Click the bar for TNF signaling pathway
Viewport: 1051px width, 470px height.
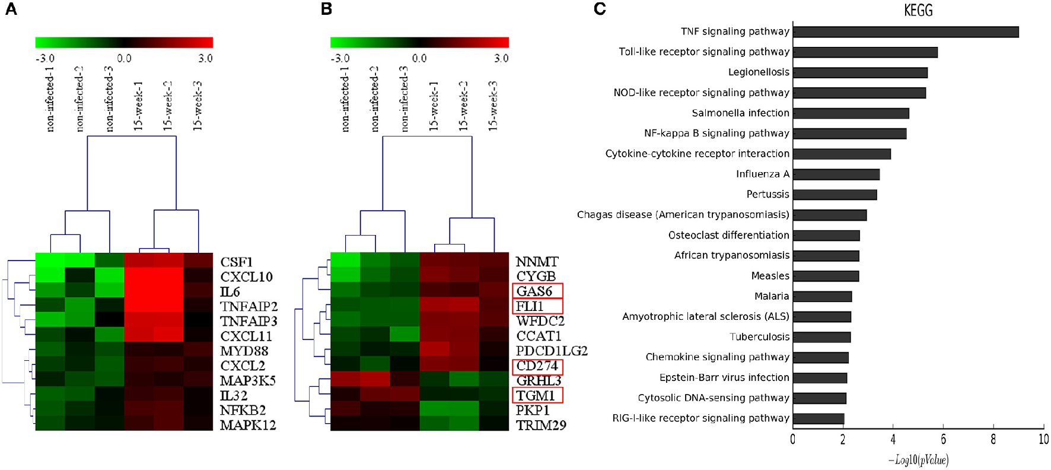(x=905, y=32)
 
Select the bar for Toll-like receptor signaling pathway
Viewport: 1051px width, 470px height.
(x=865, y=52)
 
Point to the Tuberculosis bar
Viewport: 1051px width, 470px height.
(x=821, y=337)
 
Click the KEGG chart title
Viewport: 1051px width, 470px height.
(x=918, y=11)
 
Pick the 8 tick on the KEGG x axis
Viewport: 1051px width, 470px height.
(x=993, y=440)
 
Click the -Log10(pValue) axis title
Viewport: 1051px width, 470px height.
(x=918, y=460)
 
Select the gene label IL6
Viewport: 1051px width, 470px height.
(x=230, y=292)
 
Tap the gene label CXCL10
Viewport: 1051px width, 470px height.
(x=246, y=277)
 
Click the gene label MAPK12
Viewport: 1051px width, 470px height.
(x=248, y=425)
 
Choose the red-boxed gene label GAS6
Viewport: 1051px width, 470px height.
(x=534, y=291)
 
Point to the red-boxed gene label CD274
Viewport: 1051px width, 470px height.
(x=537, y=366)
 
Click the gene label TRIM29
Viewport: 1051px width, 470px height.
(x=541, y=425)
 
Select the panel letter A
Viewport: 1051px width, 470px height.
(x=11, y=9)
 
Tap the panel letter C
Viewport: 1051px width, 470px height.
(x=600, y=9)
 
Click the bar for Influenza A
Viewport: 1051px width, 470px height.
(x=836, y=174)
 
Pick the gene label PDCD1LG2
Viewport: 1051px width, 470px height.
(x=552, y=351)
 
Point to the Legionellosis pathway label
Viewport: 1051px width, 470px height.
(x=759, y=72)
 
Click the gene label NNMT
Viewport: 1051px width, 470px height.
(x=537, y=262)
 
